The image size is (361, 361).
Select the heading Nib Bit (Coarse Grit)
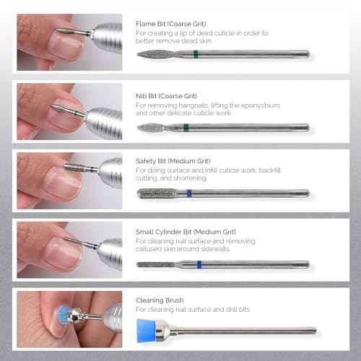(x=167, y=95)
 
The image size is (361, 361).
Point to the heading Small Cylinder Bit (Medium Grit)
(x=185, y=232)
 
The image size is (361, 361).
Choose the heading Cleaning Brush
(x=160, y=299)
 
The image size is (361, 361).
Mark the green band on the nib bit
(x=186, y=128)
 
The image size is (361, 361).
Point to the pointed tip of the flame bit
(x=139, y=54)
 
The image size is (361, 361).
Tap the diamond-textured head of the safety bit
(x=159, y=193)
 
